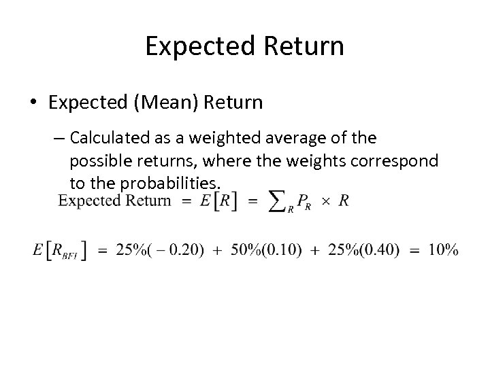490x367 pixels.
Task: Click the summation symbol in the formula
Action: click(276, 201)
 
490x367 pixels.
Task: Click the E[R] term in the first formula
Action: click(219, 202)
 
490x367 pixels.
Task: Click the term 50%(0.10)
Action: click(255, 250)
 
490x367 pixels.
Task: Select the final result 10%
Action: click(442, 250)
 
